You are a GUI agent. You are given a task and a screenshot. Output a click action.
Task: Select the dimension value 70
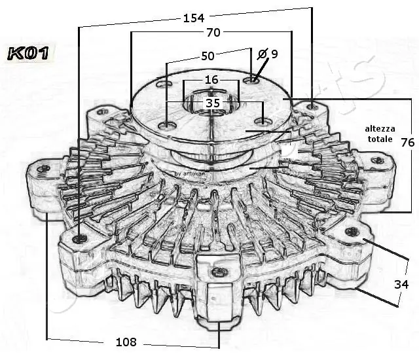[x=213, y=32]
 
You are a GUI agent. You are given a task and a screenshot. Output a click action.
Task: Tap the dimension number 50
[x=208, y=56]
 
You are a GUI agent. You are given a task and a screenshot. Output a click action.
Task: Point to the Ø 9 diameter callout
[x=268, y=54]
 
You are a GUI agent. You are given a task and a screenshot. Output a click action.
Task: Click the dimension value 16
[x=211, y=80]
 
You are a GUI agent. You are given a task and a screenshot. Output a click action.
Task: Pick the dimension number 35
[x=213, y=103]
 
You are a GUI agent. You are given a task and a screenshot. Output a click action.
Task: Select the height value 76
[x=407, y=143]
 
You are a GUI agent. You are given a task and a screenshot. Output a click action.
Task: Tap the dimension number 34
[x=401, y=284]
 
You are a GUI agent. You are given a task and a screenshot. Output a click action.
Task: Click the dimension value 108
[x=125, y=342]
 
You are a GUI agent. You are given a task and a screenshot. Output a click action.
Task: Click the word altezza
[x=380, y=129]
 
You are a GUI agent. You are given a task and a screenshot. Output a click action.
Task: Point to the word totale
[x=380, y=139]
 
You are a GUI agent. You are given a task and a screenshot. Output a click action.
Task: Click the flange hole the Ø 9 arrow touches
[x=253, y=81]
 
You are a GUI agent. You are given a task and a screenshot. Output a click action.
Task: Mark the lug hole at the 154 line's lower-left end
[x=80, y=238]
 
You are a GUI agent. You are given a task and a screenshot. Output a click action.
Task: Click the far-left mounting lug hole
[x=44, y=170]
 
